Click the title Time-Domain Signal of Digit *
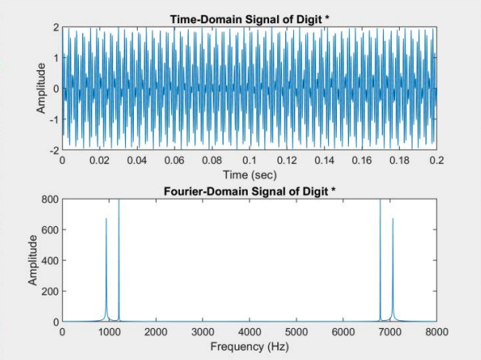(x=249, y=18)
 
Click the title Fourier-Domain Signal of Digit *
(x=249, y=190)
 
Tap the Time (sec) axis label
(x=250, y=174)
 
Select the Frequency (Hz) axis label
(x=249, y=347)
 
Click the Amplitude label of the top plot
(x=42, y=88)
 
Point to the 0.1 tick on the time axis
(x=250, y=161)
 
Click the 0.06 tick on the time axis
(x=174, y=161)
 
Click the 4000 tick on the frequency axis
(x=250, y=333)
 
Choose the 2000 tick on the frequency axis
(x=156, y=333)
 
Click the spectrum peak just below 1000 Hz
(x=106, y=220)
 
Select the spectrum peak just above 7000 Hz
(x=393, y=220)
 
